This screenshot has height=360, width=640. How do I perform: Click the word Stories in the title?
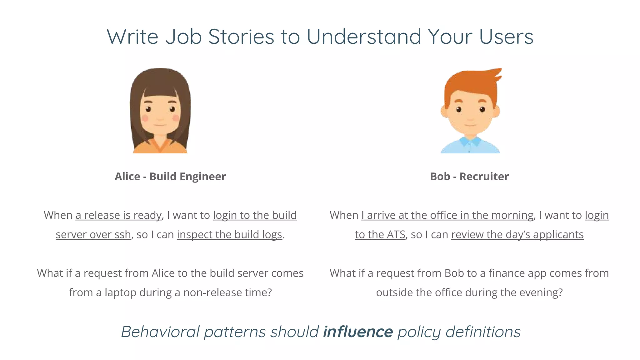[241, 37]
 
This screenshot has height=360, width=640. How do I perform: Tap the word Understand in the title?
[364, 37]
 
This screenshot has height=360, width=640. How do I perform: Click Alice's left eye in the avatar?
[148, 109]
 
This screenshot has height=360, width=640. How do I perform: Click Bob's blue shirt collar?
[470, 142]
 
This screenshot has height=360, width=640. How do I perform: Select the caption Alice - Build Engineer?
[170, 177]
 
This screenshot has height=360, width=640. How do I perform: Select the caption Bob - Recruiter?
[469, 177]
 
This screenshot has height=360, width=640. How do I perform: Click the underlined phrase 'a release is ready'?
[118, 215]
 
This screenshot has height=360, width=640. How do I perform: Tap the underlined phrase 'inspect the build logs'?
[229, 235]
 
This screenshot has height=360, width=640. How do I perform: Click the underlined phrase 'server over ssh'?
[93, 235]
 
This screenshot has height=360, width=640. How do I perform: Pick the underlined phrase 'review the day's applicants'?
[517, 235]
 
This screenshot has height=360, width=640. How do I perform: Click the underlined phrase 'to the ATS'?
[380, 235]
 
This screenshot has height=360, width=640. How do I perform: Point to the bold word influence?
[358, 332]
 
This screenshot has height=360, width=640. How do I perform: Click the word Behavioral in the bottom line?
[160, 332]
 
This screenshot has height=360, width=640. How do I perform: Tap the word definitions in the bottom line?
[483, 332]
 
